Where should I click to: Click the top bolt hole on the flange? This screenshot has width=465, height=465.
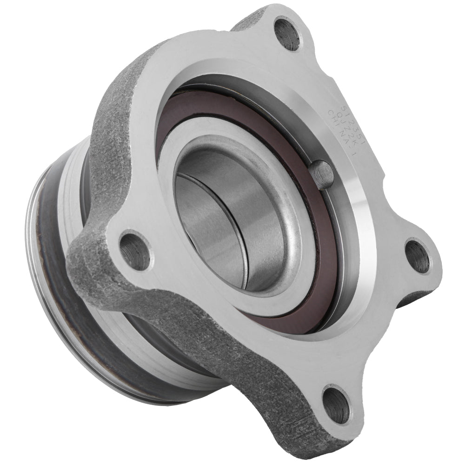point(287,33)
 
